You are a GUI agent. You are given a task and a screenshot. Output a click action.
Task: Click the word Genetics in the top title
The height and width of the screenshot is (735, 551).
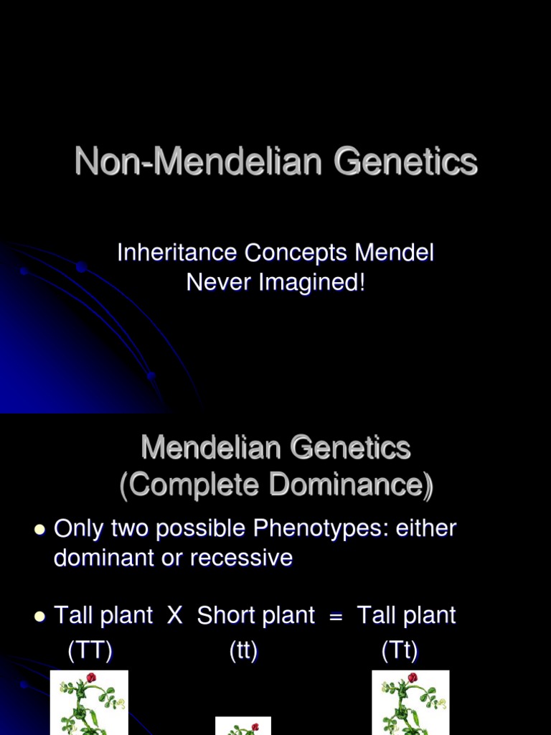click(x=405, y=161)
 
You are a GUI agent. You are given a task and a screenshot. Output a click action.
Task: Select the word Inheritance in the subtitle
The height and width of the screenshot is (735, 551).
click(x=176, y=253)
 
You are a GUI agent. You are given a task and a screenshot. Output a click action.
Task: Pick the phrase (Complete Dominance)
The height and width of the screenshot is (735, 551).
click(x=276, y=485)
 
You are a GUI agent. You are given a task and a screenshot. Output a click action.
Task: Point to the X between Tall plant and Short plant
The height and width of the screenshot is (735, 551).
click(x=175, y=615)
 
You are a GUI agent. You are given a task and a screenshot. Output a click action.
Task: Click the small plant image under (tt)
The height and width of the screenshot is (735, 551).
click(x=243, y=726)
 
